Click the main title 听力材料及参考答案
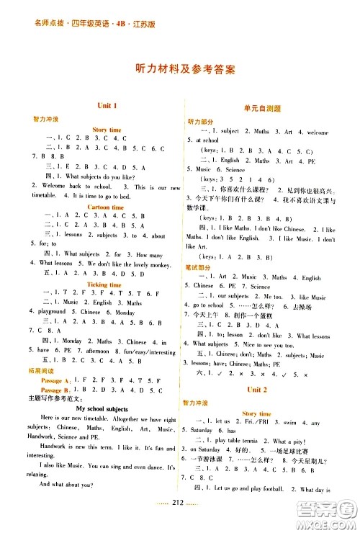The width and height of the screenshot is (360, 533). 180,70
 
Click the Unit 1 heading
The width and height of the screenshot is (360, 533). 106,106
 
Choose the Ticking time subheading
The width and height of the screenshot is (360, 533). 106,285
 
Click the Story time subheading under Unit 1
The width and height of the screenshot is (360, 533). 107,130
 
